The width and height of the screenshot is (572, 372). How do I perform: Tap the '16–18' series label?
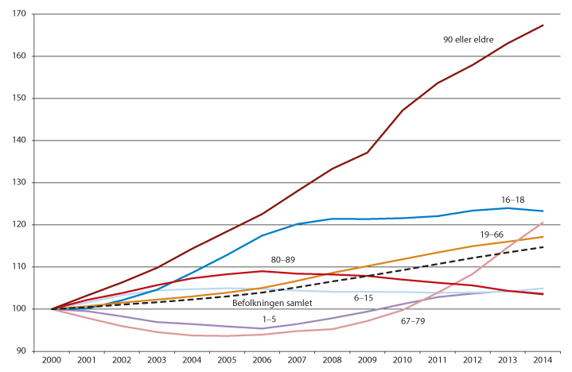512,200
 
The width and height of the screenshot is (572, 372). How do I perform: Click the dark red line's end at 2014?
543,25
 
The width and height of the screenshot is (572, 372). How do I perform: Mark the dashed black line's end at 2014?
543,247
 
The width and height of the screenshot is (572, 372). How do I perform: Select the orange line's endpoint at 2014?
543,237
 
